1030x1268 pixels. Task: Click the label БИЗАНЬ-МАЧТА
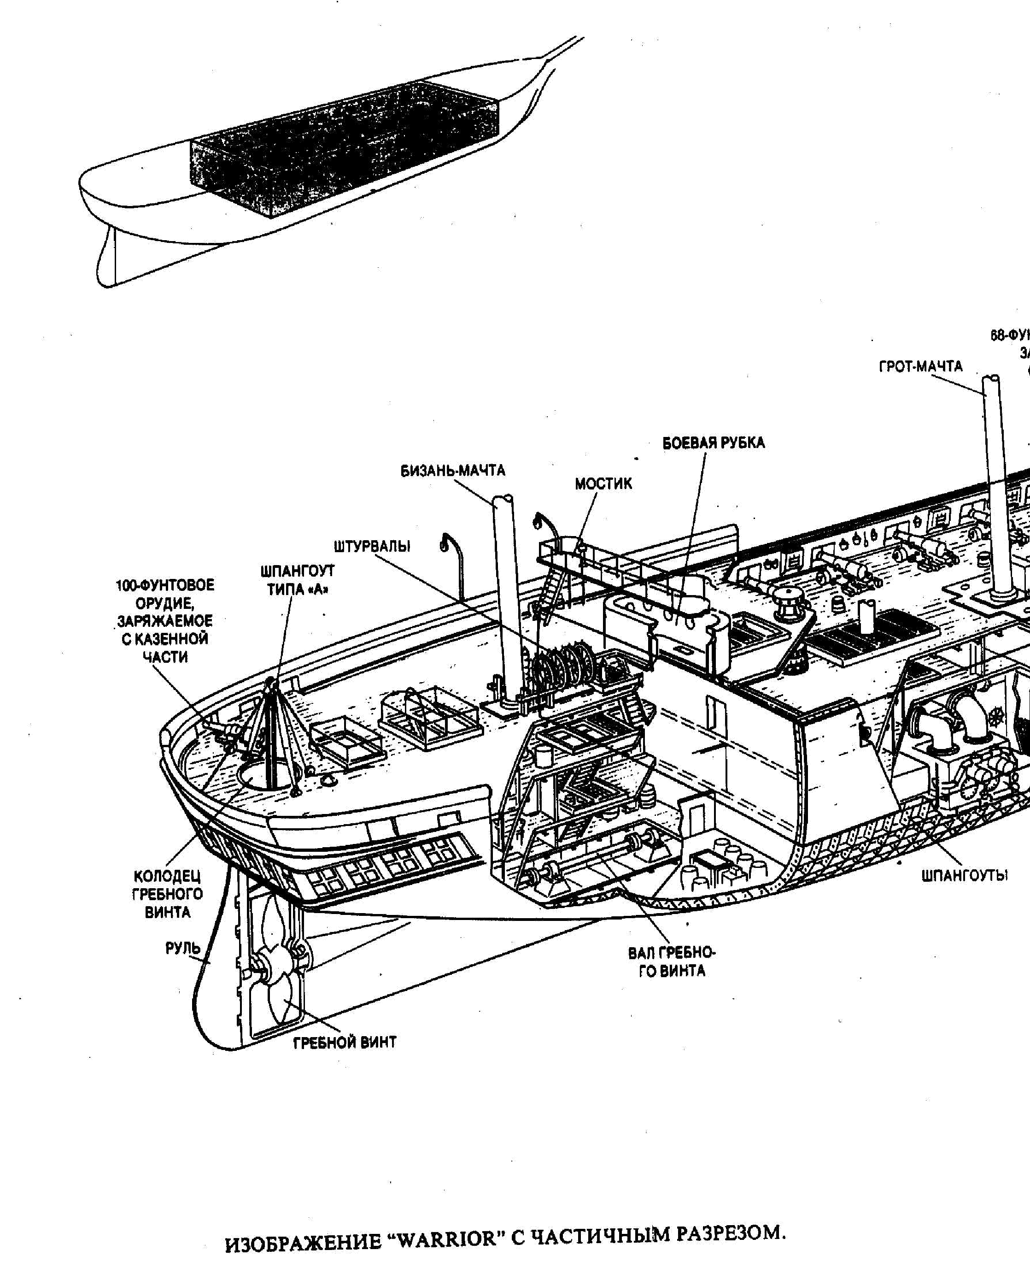(x=453, y=471)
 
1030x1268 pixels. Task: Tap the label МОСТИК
(x=603, y=484)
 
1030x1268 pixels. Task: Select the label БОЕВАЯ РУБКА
(x=713, y=443)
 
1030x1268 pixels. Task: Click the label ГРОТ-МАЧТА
(x=920, y=366)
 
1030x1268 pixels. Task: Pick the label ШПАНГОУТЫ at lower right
(x=964, y=876)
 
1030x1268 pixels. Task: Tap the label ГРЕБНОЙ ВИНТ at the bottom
(x=345, y=1042)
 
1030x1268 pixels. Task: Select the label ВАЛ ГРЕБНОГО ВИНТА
(x=672, y=961)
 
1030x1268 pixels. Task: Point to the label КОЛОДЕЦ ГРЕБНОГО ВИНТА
(x=167, y=894)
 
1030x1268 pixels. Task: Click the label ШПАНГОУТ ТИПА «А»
(x=297, y=580)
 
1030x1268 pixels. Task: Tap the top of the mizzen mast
(x=503, y=501)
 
